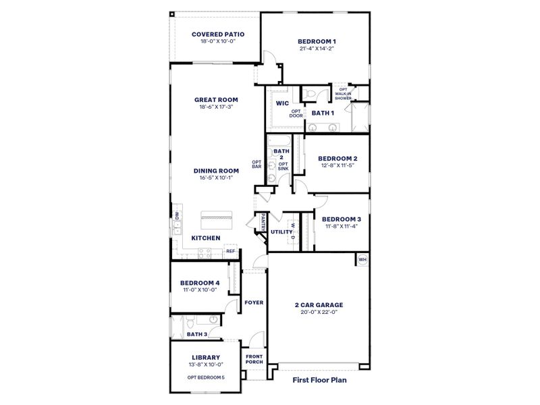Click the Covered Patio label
[217, 34]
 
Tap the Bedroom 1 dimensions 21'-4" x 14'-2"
[317, 49]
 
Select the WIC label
[282, 103]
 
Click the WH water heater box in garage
[362, 259]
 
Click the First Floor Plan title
[324, 380]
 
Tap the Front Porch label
[254, 358]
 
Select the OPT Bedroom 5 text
[205, 377]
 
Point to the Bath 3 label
[196, 334]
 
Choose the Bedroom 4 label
[199, 282]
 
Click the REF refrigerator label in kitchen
[230, 251]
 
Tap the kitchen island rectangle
[216, 217]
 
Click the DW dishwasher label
[177, 216]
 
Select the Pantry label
[260, 222]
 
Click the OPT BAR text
[256, 164]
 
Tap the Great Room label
[216, 99]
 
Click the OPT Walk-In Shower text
[344, 94]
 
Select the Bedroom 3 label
[341, 219]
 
